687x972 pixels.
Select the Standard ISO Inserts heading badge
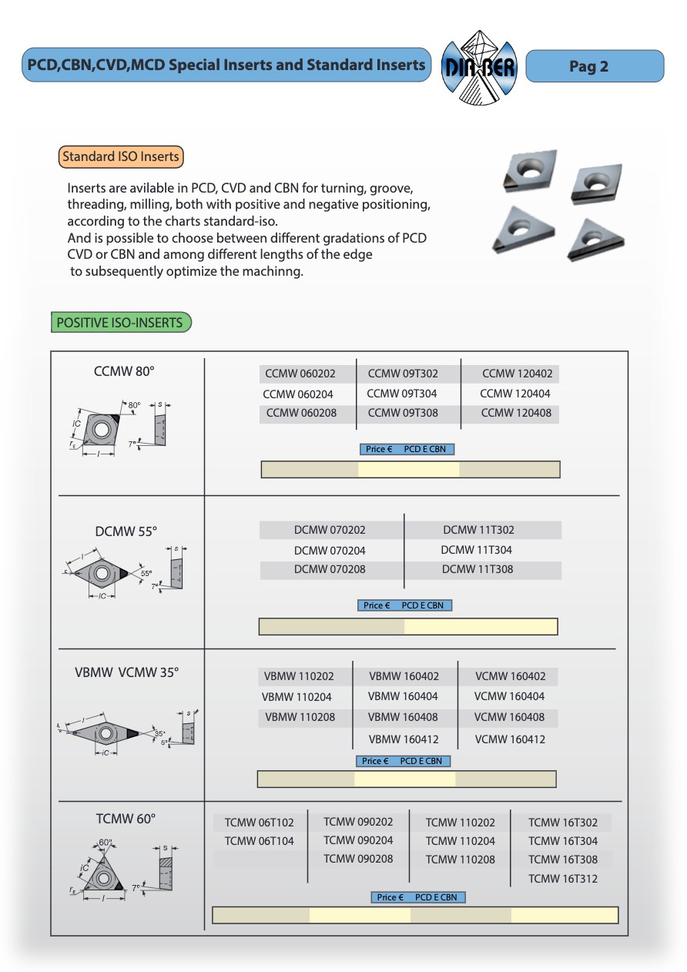click(121, 156)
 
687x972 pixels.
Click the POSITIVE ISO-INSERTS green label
click(120, 323)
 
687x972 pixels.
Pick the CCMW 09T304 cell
click(403, 394)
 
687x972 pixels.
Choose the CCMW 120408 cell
click(516, 413)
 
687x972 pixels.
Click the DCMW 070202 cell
click(330, 530)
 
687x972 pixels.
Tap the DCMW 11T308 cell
click(478, 569)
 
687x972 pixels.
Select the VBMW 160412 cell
click(403, 739)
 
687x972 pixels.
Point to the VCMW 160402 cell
click(510, 676)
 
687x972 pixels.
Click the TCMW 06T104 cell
click(260, 841)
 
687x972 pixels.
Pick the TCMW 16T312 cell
click(563, 879)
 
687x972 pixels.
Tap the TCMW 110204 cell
click(461, 841)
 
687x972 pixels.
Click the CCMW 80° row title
click(124, 371)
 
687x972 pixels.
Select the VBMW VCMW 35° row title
click(127, 672)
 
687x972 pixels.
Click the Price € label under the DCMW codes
click(377, 605)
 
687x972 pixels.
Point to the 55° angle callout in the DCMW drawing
click(146, 573)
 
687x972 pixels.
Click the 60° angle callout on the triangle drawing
click(106, 843)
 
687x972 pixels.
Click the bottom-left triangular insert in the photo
click(524, 230)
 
